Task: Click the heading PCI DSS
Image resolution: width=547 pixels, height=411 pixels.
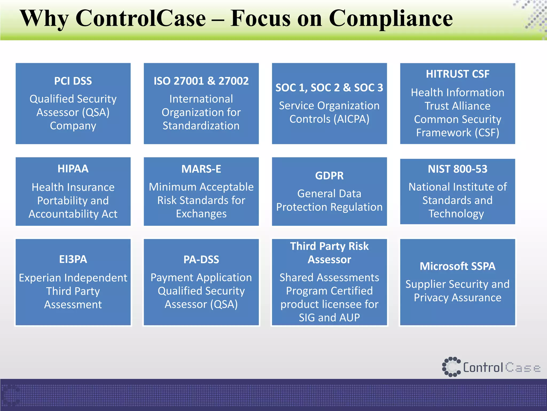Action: [x=73, y=81]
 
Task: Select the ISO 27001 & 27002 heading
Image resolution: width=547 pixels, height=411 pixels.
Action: [x=201, y=81]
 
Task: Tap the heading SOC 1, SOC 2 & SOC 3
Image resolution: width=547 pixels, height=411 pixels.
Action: [x=329, y=88]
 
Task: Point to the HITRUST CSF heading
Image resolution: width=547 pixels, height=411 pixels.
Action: [x=458, y=74]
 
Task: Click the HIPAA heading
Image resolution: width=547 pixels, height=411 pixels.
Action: [x=73, y=169]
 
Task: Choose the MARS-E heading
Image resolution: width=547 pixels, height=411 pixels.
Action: [x=201, y=169]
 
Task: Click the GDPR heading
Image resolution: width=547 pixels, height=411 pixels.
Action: [x=329, y=176]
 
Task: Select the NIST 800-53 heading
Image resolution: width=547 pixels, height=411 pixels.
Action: [x=458, y=169]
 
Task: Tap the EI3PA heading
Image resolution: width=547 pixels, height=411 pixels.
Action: [x=73, y=259]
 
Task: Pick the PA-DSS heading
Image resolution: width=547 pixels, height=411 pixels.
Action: [x=201, y=260]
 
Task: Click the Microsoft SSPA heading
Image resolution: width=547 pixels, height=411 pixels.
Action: [x=458, y=266]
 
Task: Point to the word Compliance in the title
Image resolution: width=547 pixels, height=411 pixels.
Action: [x=390, y=19]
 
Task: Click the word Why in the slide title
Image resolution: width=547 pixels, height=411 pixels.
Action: [x=44, y=19]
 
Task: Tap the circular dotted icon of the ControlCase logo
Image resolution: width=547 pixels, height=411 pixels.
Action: [x=451, y=367]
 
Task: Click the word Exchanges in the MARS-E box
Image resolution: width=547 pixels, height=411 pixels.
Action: [x=201, y=214]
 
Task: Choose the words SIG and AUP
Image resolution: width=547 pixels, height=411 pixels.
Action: [x=329, y=318]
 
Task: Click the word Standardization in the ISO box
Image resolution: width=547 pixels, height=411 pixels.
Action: [x=201, y=126]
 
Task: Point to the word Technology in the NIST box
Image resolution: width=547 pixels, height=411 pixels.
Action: [x=456, y=214]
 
